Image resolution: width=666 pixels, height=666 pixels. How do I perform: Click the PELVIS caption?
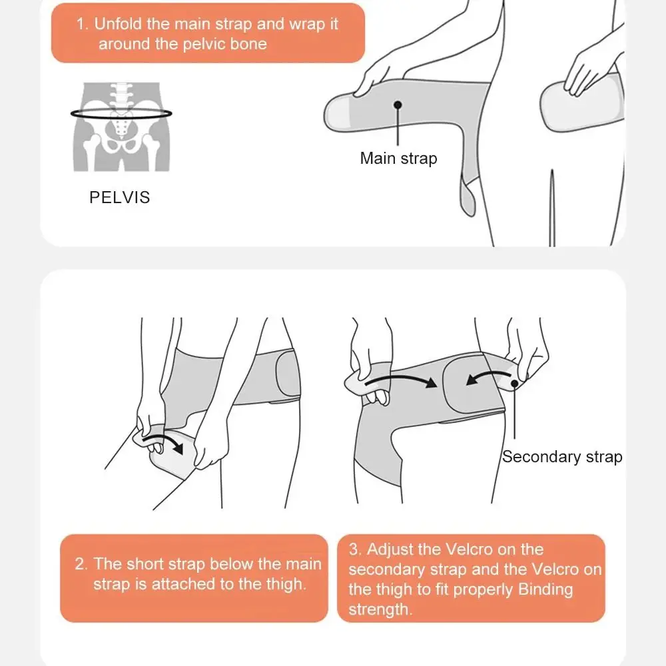point(120,197)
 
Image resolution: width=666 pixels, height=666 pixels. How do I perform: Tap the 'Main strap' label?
point(398,159)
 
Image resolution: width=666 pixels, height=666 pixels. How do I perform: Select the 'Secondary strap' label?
point(562,457)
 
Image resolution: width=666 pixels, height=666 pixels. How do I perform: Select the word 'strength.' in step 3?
point(380,609)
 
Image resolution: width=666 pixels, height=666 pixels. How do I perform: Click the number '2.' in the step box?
point(81,564)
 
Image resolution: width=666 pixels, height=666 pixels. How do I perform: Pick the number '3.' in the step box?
point(356,549)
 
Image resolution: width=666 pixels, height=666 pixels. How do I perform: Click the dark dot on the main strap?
point(398,105)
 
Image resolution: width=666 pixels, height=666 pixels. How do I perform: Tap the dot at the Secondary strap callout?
point(515,384)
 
